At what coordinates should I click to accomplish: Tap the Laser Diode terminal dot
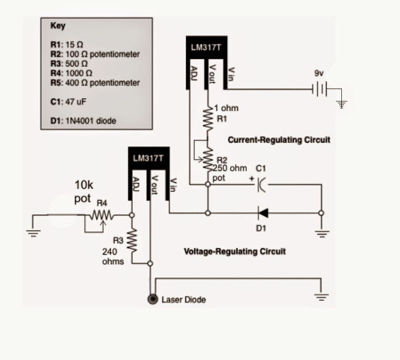click(x=153, y=300)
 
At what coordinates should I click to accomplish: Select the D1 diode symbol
click(x=263, y=213)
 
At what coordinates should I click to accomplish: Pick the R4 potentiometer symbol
click(x=100, y=215)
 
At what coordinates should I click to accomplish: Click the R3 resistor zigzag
click(x=132, y=241)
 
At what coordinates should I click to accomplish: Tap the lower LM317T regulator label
click(x=149, y=158)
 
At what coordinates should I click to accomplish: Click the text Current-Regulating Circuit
click(x=279, y=140)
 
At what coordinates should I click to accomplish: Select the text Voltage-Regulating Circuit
click(x=235, y=251)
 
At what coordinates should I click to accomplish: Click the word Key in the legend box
click(x=58, y=26)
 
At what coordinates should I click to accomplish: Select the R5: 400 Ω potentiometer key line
click(x=95, y=83)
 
